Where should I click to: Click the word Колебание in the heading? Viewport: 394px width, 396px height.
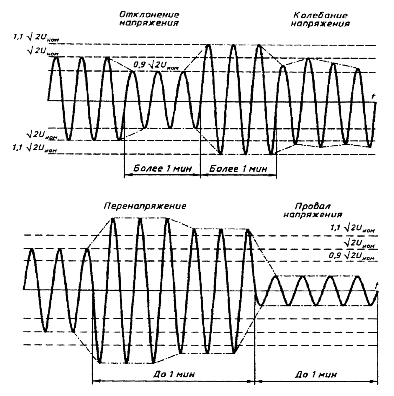point(320,15)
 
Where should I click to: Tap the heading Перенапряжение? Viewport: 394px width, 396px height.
point(145,206)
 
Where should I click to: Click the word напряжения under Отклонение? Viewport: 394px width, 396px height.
point(149,23)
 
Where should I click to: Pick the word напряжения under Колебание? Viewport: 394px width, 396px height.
point(321,24)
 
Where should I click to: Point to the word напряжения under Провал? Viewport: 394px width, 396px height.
point(313,214)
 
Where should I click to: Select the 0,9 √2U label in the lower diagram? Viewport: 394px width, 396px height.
point(351,256)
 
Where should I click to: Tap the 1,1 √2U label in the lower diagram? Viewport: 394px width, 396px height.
point(353,229)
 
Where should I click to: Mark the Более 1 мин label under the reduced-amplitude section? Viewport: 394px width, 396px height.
point(162,169)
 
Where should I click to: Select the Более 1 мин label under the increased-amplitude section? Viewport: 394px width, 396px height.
point(238,169)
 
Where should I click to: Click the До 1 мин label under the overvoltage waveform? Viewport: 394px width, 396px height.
point(174,374)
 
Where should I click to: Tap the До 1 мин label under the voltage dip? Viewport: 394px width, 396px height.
point(316,374)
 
